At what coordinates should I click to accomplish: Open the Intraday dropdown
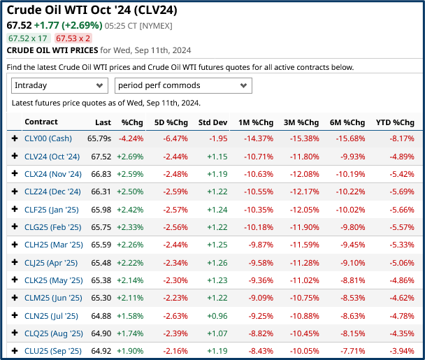59,85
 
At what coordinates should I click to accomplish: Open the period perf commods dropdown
183,85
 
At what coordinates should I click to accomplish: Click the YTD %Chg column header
394,122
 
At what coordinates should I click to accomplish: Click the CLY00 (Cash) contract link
48,138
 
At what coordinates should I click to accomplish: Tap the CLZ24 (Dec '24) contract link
52,192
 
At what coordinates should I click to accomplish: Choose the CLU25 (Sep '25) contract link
52,350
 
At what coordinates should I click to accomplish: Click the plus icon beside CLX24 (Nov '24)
15,174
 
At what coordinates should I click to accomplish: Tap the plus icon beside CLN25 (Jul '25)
15,315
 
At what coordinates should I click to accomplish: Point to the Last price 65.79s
99,138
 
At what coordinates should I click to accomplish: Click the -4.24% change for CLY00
131,138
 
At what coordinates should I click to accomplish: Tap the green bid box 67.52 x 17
28,38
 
